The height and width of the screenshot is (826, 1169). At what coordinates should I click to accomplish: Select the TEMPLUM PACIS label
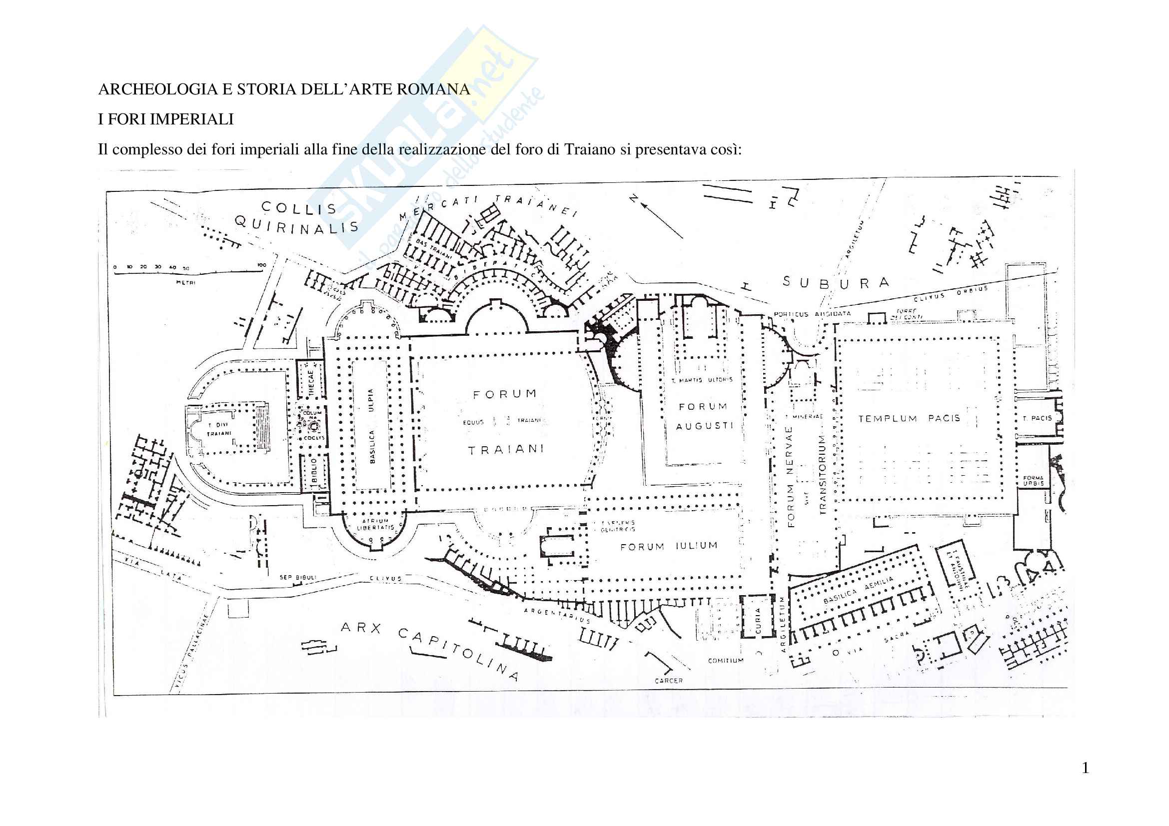click(x=909, y=418)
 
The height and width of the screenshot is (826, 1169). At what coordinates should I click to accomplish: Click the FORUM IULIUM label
click(x=669, y=546)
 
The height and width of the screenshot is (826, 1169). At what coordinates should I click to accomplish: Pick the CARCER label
click(x=669, y=681)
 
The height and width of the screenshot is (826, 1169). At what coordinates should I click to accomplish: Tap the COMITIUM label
click(x=726, y=661)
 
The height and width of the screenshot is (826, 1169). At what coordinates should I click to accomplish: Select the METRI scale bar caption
click(x=185, y=282)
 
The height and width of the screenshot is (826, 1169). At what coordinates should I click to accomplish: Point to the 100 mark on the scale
click(x=262, y=265)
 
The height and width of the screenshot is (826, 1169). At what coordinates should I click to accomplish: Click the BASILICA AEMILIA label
click(x=859, y=590)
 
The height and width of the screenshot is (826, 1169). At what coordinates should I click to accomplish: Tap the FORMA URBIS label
click(x=1033, y=480)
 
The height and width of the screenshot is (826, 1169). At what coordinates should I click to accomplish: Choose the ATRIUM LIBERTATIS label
click(x=375, y=524)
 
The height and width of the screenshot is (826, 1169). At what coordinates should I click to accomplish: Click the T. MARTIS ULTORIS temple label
click(x=702, y=380)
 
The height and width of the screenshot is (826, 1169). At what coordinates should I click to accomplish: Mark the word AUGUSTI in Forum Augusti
click(x=704, y=426)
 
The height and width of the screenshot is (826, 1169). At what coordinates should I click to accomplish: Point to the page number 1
click(x=1085, y=768)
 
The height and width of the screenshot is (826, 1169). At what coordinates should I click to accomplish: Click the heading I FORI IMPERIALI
click(x=166, y=119)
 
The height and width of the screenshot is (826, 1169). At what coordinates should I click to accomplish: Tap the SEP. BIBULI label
click(x=298, y=577)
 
